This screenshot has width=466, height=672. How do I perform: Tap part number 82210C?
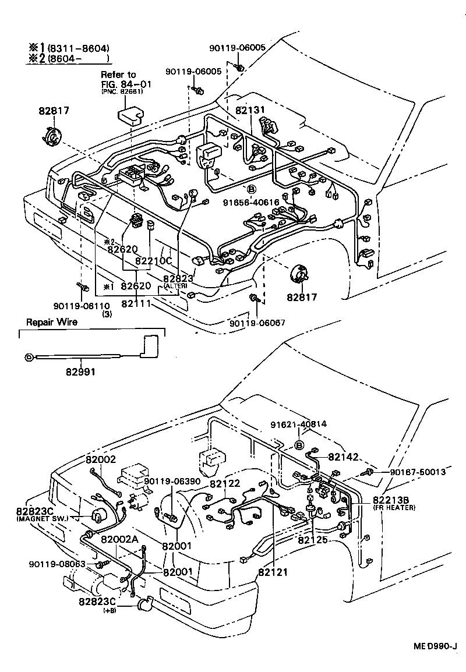coord(154,261)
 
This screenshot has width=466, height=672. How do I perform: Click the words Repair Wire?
coord(51,321)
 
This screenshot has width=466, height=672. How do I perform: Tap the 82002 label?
coord(101,459)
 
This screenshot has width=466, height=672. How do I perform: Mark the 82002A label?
coord(120,539)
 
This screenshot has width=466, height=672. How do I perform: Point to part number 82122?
coord(225,483)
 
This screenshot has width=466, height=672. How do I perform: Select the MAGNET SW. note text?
coord(43,518)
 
